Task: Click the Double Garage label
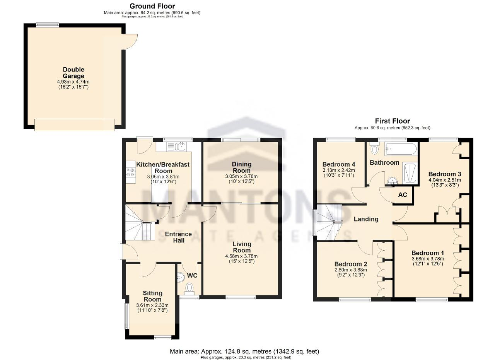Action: coord(73,73)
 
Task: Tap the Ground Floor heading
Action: coord(152,6)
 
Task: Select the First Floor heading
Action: coord(393,121)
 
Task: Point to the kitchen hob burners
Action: coord(131,172)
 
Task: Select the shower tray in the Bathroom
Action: coord(410,173)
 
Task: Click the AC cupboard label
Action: coord(403,195)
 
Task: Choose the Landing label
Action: coord(366,219)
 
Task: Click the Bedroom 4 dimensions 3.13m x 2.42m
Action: coord(339,170)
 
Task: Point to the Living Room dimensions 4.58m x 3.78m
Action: coord(241,256)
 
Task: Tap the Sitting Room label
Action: coord(152,296)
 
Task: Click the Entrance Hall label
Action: coord(178,237)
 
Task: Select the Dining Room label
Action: coord(242,167)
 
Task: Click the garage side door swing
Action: coord(130,41)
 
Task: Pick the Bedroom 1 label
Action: coord(428,253)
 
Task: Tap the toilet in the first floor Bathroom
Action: coord(374,148)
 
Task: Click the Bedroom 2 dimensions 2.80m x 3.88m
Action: coord(351,270)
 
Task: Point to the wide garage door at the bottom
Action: coord(75,125)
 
